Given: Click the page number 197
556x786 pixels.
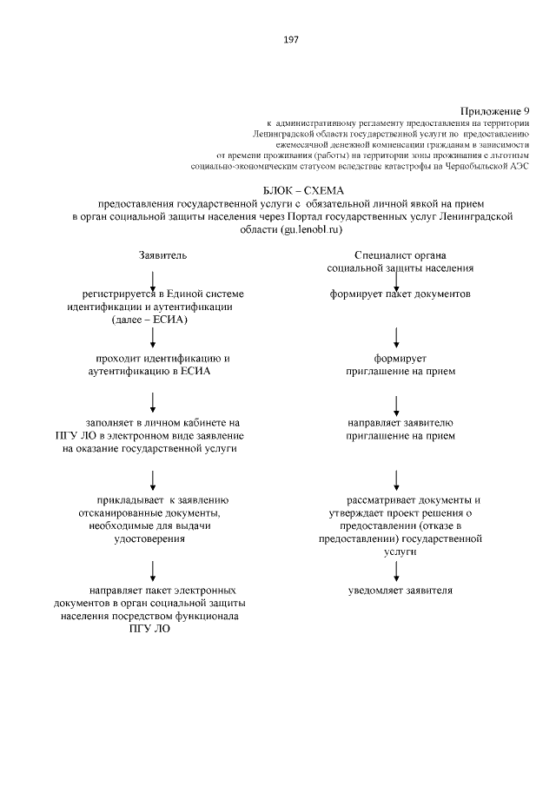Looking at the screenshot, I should coord(290,40).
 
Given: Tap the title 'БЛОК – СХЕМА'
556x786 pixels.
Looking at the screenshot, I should coord(302,189).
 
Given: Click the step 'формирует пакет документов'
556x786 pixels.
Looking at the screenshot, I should coord(400,294).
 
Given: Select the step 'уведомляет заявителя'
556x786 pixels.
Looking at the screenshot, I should coord(400,591).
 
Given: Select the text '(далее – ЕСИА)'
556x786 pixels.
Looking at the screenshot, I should coord(150,319).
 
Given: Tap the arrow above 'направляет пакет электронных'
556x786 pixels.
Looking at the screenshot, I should coord(153,569).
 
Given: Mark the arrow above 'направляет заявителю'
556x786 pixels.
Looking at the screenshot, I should coord(397,403).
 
